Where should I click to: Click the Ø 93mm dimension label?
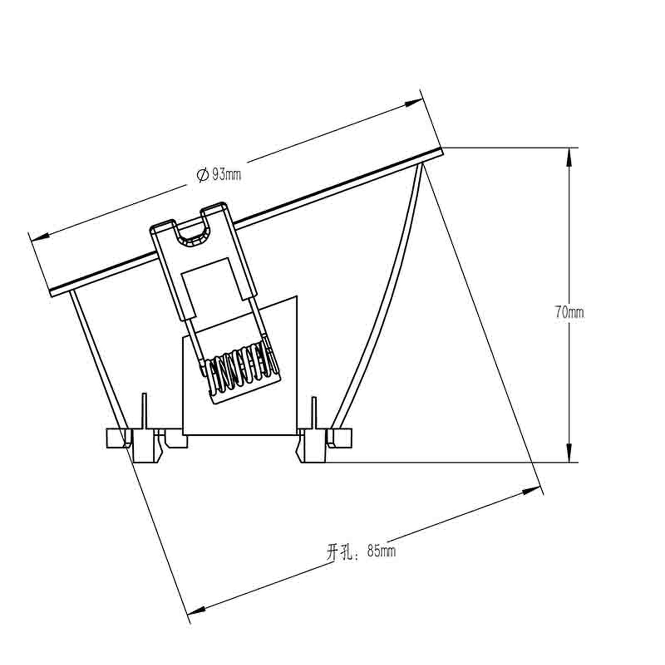pos(219,175)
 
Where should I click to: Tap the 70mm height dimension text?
pos(569,313)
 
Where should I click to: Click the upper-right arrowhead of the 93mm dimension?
pos(413,103)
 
